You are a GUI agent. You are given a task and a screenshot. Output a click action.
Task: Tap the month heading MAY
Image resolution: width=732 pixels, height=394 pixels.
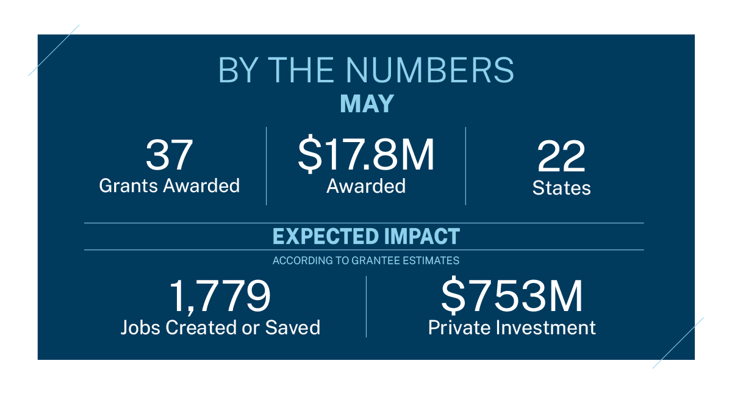[x=367, y=104]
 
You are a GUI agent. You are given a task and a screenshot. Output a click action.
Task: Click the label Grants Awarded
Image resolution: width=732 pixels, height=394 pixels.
[x=169, y=185]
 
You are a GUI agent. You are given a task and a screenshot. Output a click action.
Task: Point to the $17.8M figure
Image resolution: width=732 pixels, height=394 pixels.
[x=366, y=155]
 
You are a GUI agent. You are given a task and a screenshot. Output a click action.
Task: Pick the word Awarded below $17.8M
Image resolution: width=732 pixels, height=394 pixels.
[x=366, y=185]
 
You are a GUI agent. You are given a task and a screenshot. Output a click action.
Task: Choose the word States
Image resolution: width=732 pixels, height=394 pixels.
[x=561, y=188]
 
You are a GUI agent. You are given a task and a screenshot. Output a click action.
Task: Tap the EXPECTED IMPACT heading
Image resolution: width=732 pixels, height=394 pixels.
[x=366, y=236]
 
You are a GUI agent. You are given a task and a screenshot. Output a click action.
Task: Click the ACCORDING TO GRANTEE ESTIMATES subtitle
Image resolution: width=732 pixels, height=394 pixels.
[x=366, y=260]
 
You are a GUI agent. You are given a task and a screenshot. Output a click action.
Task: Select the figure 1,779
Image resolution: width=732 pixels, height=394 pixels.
[x=220, y=297]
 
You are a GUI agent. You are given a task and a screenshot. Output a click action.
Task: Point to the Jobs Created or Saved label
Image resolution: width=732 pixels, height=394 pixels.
[x=220, y=328]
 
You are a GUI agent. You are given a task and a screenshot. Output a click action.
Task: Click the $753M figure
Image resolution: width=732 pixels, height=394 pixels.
[x=512, y=297]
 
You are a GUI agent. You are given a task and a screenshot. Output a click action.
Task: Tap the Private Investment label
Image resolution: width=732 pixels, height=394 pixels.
[x=512, y=328]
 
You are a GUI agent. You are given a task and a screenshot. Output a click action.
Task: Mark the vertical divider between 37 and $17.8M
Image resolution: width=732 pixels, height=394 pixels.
[x=267, y=166]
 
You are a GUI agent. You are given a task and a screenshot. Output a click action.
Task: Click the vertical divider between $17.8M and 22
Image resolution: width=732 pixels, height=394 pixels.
[x=465, y=166]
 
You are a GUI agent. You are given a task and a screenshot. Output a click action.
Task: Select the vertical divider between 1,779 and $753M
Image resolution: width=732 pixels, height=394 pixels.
[x=366, y=306]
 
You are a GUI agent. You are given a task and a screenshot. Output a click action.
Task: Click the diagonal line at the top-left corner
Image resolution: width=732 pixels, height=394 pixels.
[x=54, y=50]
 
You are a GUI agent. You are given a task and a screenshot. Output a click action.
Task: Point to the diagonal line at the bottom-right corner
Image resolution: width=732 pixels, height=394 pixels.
[x=678, y=343]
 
